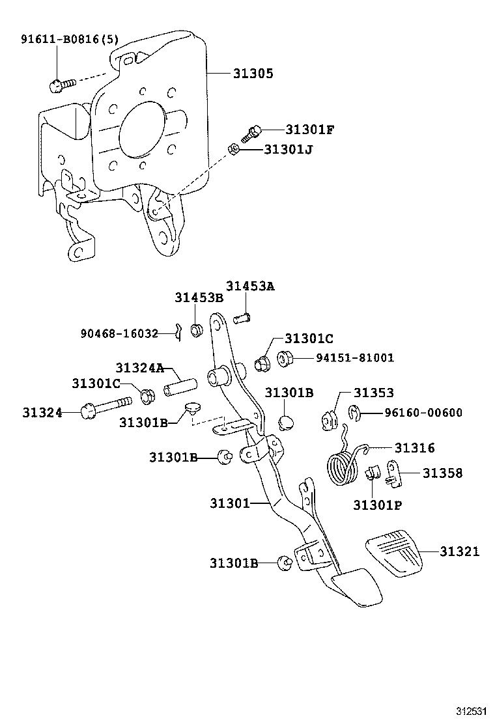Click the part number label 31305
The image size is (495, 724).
253,74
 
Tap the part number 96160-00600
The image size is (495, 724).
423,412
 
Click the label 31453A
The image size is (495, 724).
251,286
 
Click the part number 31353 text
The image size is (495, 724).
374,393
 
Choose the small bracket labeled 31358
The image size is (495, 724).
393,473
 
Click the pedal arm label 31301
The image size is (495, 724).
230,503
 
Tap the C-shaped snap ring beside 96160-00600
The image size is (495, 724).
354,412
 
